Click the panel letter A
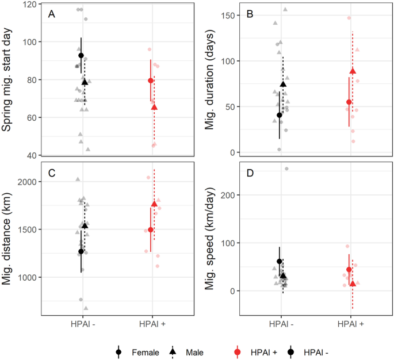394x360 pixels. (51, 13)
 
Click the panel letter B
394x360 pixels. (248, 13)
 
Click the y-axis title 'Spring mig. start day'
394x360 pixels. (8, 81)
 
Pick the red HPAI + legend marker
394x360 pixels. (239, 352)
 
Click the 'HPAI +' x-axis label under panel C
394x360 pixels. (152, 325)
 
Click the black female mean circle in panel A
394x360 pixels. (81, 55)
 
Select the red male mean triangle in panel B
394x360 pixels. (353, 71)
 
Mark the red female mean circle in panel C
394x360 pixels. (151, 230)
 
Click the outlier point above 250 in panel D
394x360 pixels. (286, 169)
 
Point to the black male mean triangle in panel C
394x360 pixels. (85, 225)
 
